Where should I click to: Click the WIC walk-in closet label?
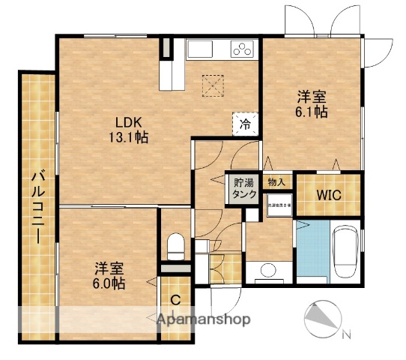point(328,195)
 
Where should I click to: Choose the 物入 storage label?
point(276,181)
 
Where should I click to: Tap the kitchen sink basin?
point(201,49)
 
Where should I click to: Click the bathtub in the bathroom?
point(347,250)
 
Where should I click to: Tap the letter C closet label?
point(175,301)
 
